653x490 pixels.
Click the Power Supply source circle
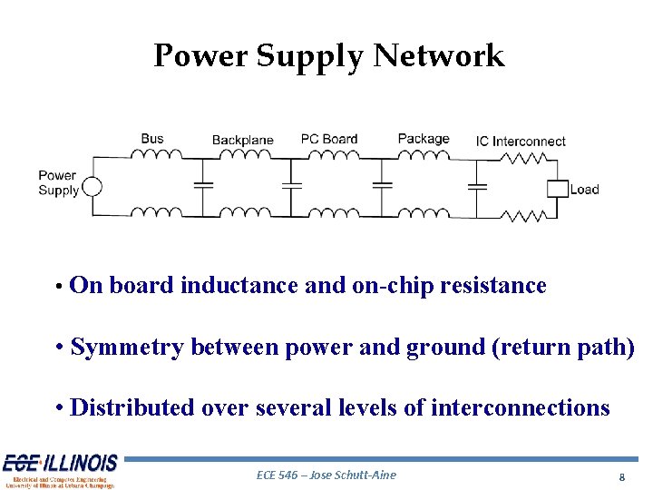coord(93,187)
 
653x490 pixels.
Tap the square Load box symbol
coord(557,189)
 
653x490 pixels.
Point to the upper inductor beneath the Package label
coord(424,156)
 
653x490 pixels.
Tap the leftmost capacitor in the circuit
coord(203,185)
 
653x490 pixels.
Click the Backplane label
coord(242,141)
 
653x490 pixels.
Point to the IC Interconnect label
coord(521,142)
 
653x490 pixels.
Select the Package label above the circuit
coord(424,140)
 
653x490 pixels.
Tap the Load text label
coord(585,190)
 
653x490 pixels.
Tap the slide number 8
coord(621,477)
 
